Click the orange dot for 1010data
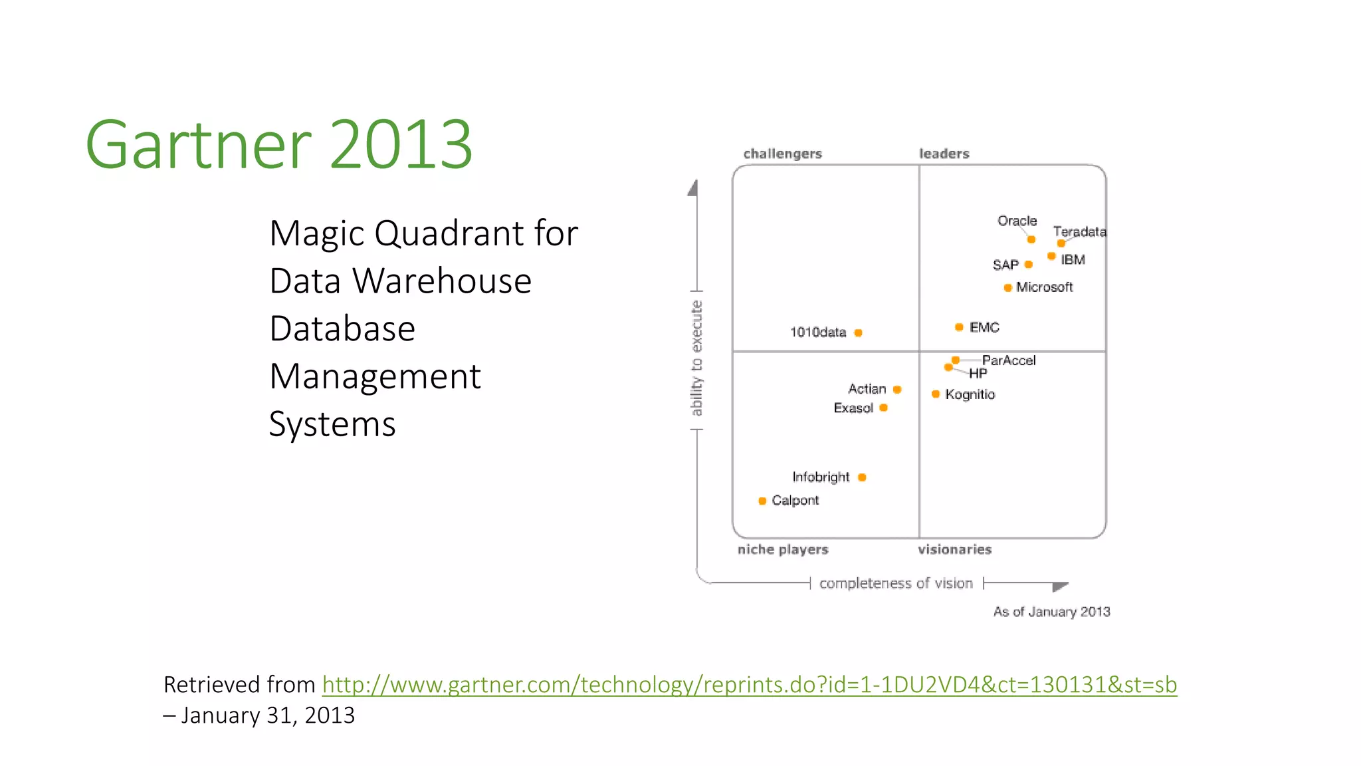tap(858, 332)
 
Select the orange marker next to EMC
tap(959, 327)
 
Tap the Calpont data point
tap(762, 501)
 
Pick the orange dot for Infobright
tap(862, 477)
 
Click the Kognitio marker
tap(936, 394)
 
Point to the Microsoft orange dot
tap(1008, 288)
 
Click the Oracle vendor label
tap(1017, 221)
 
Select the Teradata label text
tap(1079, 231)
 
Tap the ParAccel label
tap(1009, 360)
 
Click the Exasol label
tap(853, 408)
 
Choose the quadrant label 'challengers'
tap(782, 154)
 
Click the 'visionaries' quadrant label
tap(954, 549)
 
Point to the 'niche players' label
tap(783, 549)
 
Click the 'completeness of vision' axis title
tap(896, 583)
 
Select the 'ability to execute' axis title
tap(696, 358)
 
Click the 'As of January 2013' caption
tap(1051, 612)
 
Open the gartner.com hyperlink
tap(749, 684)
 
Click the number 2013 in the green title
tap(401, 144)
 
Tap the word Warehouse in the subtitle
tap(442, 281)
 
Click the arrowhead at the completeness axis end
tap(1060, 586)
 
